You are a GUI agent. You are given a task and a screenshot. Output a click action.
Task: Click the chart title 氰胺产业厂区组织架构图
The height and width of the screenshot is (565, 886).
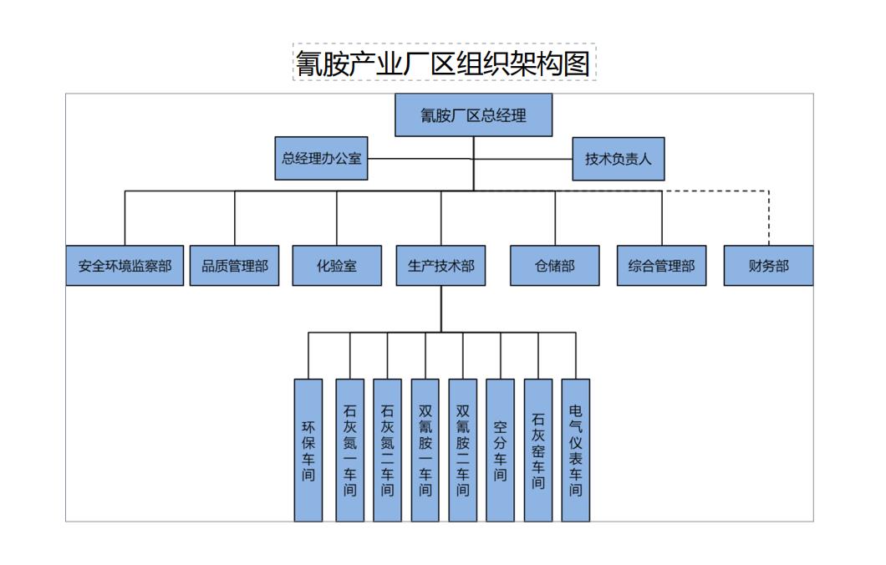coord(444,63)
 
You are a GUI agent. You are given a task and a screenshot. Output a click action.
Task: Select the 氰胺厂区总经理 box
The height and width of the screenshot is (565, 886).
coord(473,115)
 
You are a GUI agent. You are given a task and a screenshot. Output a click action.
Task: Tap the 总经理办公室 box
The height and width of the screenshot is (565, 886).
coord(321,158)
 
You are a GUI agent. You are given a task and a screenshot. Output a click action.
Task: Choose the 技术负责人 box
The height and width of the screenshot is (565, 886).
coord(618,159)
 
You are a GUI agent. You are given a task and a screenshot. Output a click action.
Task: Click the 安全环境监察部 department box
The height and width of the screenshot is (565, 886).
coord(125,266)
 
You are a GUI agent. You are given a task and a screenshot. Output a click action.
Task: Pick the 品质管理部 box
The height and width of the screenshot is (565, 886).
coord(234,266)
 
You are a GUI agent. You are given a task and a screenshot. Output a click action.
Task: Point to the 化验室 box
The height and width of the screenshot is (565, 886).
coord(337,266)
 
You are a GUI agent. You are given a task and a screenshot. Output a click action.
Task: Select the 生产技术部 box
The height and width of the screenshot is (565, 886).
coord(440,266)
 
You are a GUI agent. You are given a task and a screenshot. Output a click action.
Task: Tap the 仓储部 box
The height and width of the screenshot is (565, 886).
coord(554,266)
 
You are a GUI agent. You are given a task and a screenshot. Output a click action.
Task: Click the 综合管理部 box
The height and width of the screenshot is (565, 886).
coord(661,266)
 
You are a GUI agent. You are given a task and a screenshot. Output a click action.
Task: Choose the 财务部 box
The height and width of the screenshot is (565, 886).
coord(768,266)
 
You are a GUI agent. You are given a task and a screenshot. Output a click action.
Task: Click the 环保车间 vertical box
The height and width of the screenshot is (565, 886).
coord(308,450)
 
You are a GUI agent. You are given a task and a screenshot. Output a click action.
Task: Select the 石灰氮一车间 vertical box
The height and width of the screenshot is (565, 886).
coord(349,450)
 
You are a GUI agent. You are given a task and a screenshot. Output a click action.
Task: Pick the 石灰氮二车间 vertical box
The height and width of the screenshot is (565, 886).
coord(387,450)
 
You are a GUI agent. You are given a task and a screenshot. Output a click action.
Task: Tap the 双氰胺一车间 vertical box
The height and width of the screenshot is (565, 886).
coord(425,450)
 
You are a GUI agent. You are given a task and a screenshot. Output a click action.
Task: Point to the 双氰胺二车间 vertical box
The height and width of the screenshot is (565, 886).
coord(462,450)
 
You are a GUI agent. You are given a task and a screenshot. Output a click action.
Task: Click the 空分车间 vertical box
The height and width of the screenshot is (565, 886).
coord(500,450)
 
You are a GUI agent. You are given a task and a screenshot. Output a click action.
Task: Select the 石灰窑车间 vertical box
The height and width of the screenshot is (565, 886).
coord(538,450)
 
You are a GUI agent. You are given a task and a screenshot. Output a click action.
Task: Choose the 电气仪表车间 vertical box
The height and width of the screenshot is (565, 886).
coord(575,450)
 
